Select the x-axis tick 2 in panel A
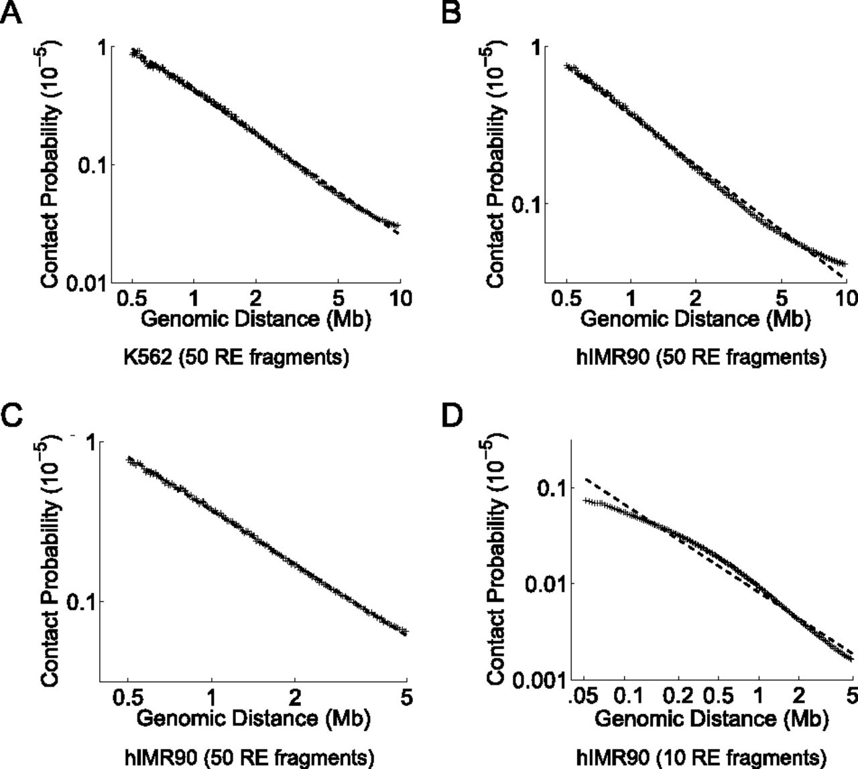point(255,298)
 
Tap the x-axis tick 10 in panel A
point(401,298)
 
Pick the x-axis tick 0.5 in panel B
point(566,298)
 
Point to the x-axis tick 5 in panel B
point(782,298)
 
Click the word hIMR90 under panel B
point(613,357)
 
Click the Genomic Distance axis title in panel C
point(253,718)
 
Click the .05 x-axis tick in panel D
point(584,696)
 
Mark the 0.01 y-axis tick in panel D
point(546,583)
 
